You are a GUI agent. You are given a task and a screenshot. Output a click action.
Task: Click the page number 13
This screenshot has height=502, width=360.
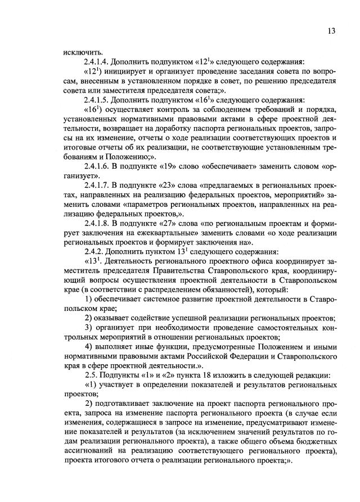(x=331, y=31)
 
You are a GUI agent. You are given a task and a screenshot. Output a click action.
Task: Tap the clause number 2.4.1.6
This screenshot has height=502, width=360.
(x=99, y=167)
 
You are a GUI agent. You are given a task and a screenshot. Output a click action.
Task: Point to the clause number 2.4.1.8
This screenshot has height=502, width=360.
(x=99, y=223)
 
